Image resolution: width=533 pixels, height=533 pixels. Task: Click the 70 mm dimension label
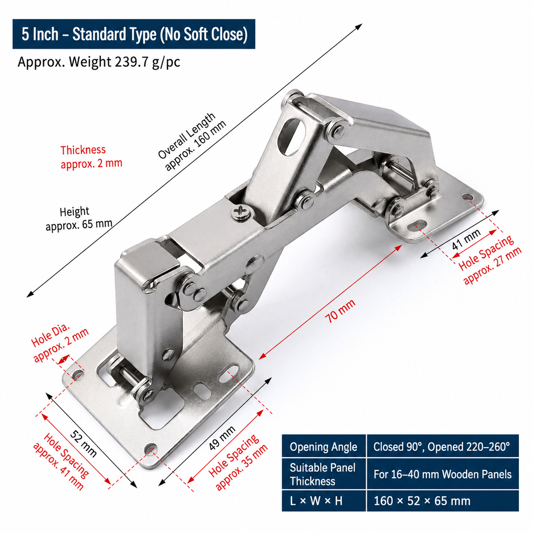point(340,311)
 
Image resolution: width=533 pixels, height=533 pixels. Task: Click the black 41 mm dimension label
point(466,240)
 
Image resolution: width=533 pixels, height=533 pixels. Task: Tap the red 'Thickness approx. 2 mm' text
point(91,157)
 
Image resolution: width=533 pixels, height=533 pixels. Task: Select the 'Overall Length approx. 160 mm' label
point(192,142)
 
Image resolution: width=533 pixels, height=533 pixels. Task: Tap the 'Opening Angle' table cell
point(323,447)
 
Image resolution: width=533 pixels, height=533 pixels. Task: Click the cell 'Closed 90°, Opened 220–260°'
point(442,447)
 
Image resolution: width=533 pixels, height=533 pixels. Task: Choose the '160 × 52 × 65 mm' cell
point(442,501)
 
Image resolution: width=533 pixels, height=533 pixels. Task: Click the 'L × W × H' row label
point(323,501)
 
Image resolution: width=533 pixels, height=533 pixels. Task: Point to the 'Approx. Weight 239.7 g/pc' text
point(99,62)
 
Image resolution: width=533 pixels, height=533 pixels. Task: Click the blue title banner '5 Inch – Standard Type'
point(134,34)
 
